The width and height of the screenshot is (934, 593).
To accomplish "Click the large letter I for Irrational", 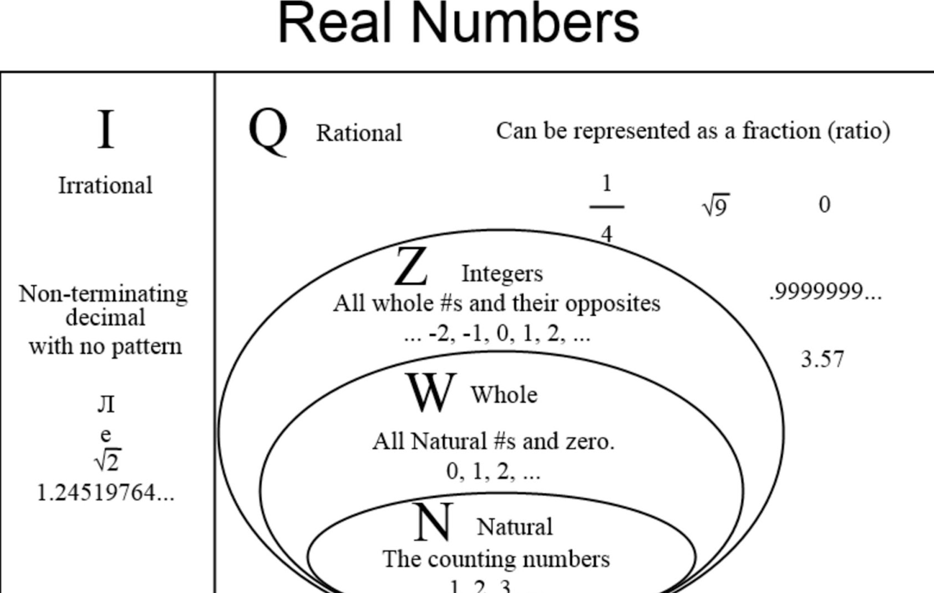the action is pos(105,129).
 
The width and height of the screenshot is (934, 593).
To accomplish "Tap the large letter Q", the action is pos(268,131).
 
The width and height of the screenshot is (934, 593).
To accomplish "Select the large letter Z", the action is pos(411,267).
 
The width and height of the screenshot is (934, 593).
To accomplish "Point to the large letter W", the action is pos(431,392).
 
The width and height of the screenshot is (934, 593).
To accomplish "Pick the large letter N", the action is pos(433,523).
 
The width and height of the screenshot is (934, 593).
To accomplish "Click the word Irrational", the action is pos(105,185).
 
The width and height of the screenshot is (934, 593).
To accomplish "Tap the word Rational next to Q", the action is pos(359,133).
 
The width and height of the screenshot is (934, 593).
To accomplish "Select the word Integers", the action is pos(502,273).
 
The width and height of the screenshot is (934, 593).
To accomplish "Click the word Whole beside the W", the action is pos(504,395).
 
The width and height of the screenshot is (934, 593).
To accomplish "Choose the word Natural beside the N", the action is pos(515,527).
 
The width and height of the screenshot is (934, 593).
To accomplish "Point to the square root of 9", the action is pos(715,206).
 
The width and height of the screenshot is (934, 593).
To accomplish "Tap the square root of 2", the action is pos(108,460).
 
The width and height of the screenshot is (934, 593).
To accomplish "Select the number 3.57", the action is pos(822,359).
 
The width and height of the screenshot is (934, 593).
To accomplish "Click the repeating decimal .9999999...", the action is pos(825,292).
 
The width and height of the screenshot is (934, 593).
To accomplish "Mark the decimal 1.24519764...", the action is pos(105,493).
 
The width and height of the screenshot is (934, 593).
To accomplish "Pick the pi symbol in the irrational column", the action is pos(106,404).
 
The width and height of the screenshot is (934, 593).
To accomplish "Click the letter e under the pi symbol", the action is pos(105,434).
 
